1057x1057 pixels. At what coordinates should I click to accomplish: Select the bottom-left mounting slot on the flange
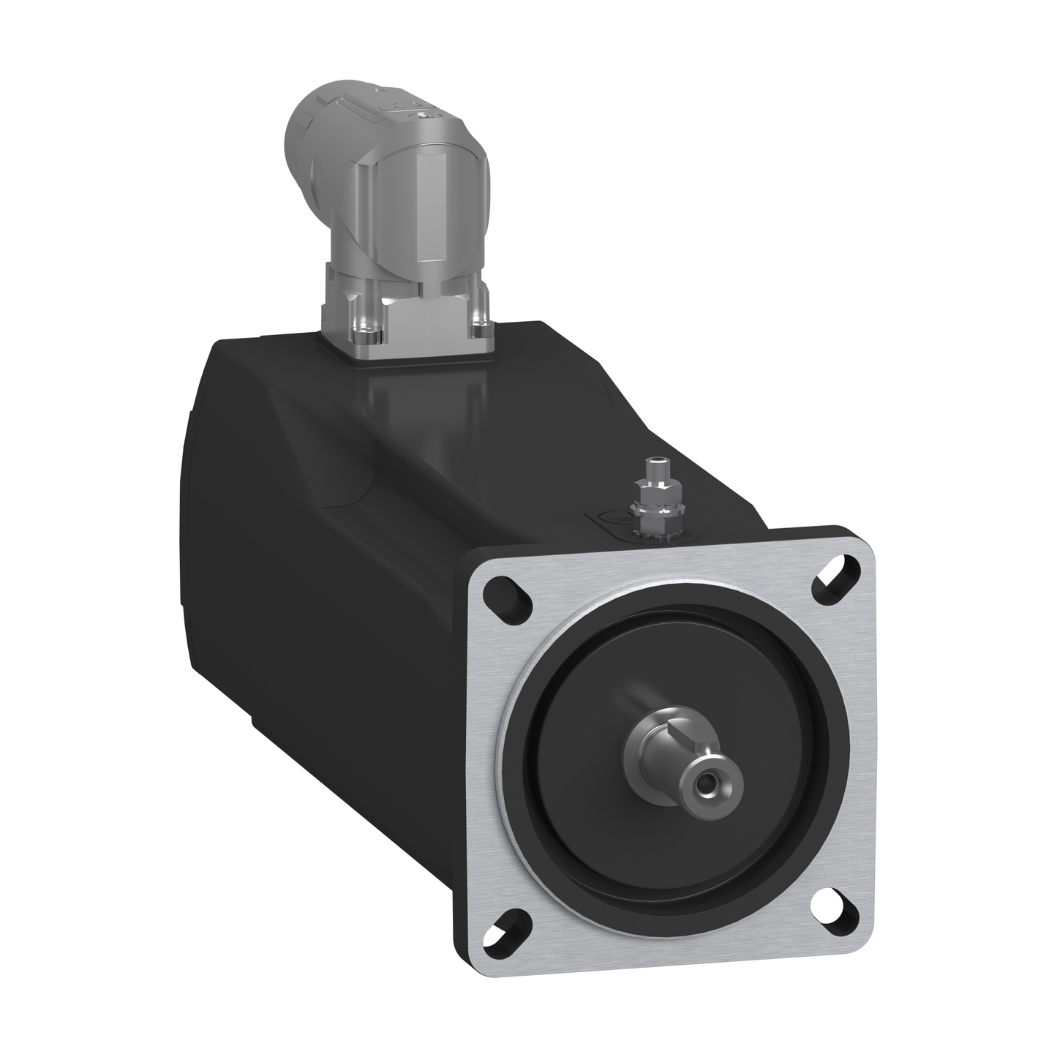point(507,908)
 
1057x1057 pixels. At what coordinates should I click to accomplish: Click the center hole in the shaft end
point(706,786)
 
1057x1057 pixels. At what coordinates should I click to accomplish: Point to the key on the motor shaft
point(677,746)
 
